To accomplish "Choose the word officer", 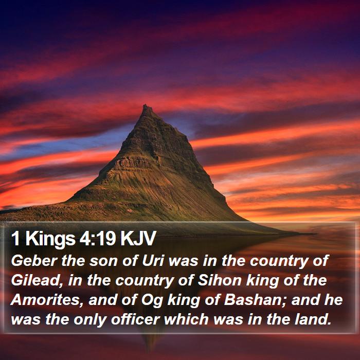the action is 135,319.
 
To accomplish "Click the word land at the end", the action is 313,319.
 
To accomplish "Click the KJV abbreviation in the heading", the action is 138,239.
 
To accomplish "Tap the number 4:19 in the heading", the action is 97,239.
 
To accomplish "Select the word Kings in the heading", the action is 50,240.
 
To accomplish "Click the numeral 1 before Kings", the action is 15,239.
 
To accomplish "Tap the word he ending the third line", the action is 333,300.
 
